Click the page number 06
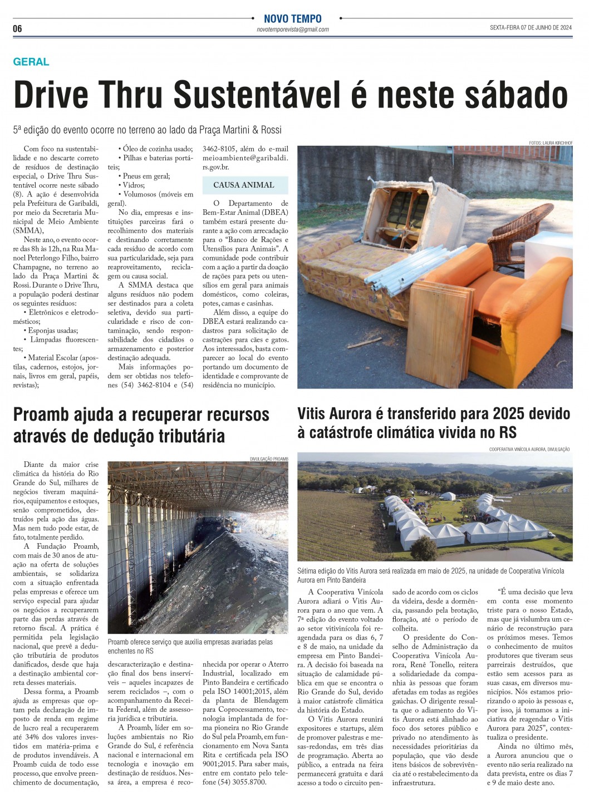(x=18, y=28)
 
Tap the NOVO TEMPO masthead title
(x=292, y=19)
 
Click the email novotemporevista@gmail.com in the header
(x=292, y=29)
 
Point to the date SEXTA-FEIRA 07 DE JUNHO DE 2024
(x=531, y=28)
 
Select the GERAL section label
(x=31, y=62)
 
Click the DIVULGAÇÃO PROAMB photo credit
(x=269, y=459)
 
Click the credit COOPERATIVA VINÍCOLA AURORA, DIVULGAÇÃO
(x=529, y=449)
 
